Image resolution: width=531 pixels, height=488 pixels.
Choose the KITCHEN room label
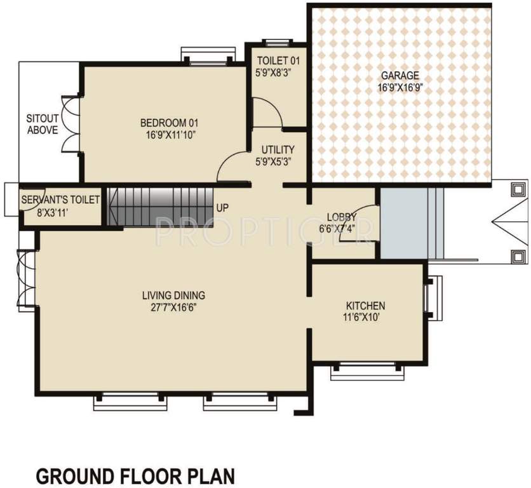(365, 305)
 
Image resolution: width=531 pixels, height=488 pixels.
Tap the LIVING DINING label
(173, 295)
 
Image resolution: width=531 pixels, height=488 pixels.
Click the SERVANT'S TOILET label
(60, 200)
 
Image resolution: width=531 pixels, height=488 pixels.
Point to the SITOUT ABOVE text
(42, 124)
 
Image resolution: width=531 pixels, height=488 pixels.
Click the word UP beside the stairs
(222, 208)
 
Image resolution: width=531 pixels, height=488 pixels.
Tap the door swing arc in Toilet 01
(267, 111)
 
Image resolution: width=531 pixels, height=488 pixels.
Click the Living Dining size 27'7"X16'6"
(173, 307)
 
